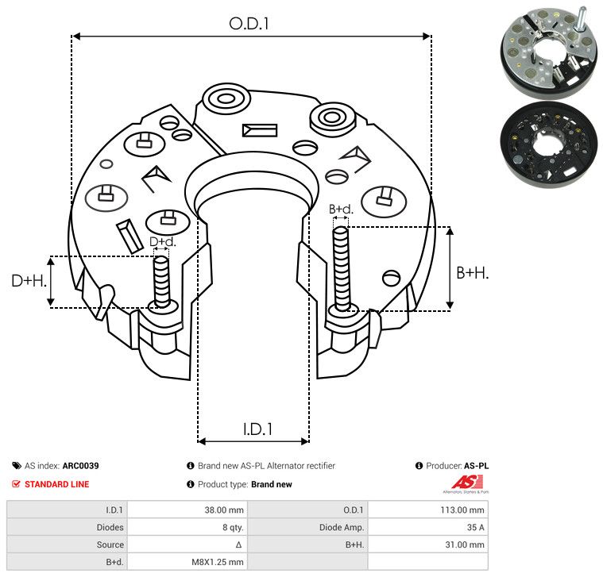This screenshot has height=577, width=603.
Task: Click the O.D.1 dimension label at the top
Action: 249,25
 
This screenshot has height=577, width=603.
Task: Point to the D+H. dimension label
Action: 27,280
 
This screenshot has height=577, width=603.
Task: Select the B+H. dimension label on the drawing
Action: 473,272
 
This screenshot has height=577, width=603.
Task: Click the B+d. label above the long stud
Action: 341,210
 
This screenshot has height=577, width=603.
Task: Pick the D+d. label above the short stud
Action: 162,241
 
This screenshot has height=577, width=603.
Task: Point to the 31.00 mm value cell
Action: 466,544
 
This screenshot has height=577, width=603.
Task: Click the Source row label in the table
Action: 110,544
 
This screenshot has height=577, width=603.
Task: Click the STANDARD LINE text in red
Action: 57,484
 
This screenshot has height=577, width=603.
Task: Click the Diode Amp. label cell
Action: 345,527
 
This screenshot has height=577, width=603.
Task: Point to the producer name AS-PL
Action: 475,466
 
